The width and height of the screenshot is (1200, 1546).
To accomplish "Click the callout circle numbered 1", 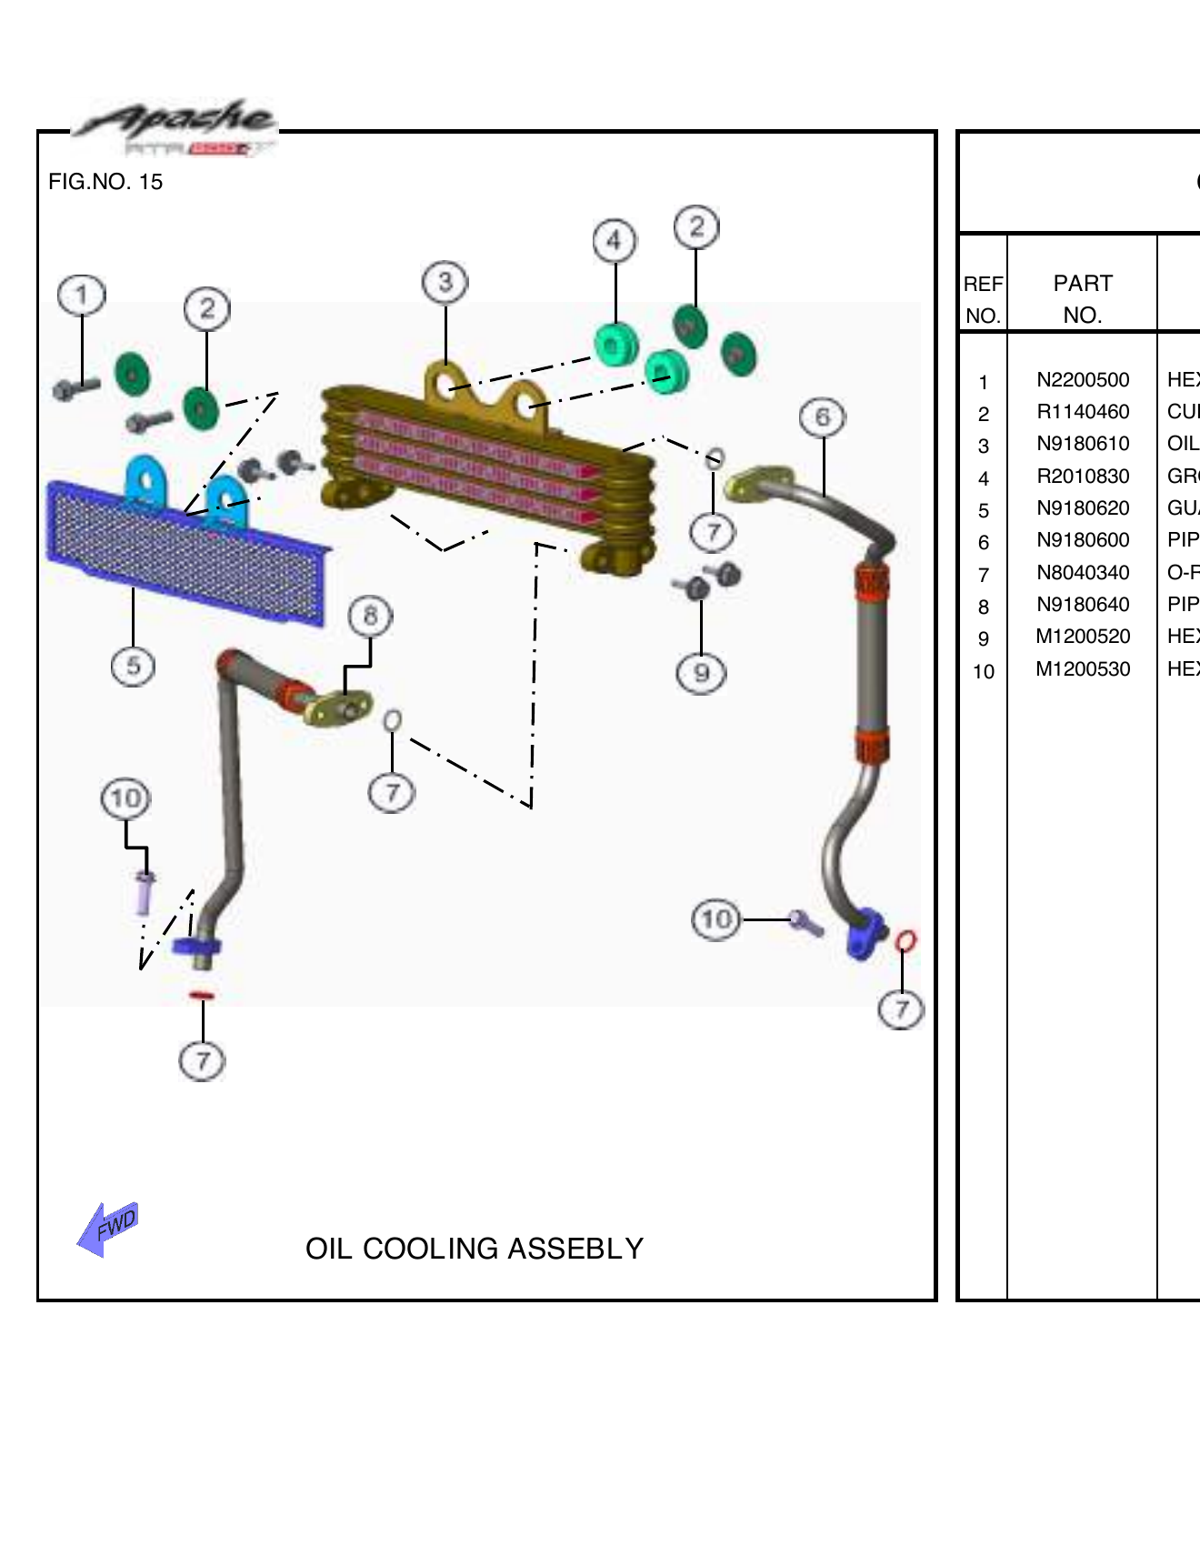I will [82, 295].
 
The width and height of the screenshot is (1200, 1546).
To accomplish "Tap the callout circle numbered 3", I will [445, 282].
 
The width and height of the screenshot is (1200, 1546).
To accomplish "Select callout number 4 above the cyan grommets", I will [615, 241].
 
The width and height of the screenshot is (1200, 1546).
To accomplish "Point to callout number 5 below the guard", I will [133, 666].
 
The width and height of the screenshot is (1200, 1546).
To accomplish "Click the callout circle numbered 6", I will [823, 417].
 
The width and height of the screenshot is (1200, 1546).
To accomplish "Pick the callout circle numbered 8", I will [370, 617].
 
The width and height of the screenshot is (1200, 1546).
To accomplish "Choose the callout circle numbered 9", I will [701, 673].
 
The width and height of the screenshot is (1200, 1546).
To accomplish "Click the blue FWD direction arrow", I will [107, 1229].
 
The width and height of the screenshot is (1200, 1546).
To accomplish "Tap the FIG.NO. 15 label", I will [105, 182].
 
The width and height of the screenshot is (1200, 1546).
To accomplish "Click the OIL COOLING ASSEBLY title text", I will [474, 1249].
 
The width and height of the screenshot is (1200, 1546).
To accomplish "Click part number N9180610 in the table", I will [1082, 444].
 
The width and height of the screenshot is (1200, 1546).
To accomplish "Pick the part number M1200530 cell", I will [1082, 669].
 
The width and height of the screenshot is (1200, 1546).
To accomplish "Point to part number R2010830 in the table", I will [1082, 477].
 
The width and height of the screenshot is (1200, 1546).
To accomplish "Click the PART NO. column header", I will [1082, 298].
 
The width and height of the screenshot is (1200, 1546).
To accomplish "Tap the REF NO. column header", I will [983, 299].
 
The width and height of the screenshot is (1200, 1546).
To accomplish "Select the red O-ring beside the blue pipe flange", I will [905, 940].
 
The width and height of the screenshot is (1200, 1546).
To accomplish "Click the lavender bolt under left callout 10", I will [144, 893].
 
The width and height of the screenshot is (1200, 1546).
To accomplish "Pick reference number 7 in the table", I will [983, 575].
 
